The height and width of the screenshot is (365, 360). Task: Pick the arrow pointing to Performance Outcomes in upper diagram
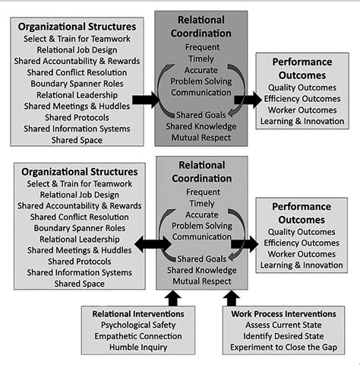(245, 99)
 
